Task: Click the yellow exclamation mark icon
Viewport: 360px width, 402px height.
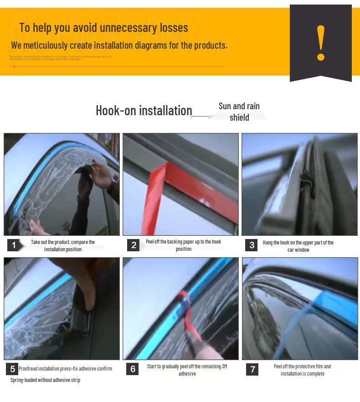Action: point(321,43)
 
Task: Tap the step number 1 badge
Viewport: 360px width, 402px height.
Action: point(14,245)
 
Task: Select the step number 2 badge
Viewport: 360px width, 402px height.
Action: point(134,245)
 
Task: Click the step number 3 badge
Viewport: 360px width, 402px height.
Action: point(252,245)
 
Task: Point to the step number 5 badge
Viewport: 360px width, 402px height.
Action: point(12,369)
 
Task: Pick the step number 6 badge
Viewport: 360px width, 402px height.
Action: point(133,369)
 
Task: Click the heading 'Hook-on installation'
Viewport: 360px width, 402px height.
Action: point(144,111)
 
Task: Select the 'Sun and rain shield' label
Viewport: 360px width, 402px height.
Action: point(239,112)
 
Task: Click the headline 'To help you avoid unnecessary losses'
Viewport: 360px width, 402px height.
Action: point(103,28)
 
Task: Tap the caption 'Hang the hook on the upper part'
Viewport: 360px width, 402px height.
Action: point(298,246)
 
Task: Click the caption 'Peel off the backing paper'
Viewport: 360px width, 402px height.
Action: point(183,245)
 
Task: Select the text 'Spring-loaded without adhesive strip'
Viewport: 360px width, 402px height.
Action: point(45,380)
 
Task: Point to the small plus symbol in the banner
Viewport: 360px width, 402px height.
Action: point(14,67)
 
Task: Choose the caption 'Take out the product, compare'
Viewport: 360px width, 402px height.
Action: point(63,245)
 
